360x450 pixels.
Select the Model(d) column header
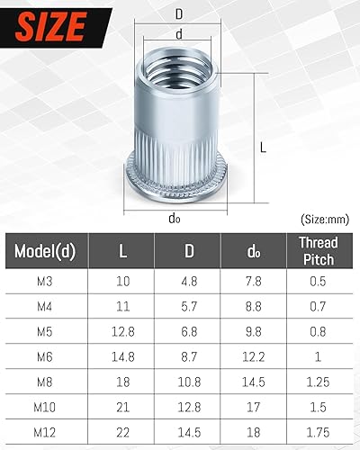click(x=45, y=250)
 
